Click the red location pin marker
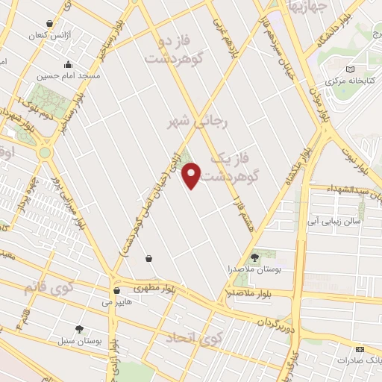coord(192,175)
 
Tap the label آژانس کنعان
coord(47,35)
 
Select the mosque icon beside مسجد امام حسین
coord(68,64)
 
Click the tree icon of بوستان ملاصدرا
coord(255,257)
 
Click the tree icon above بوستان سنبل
coord(79,329)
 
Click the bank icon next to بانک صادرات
coord(360,349)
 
